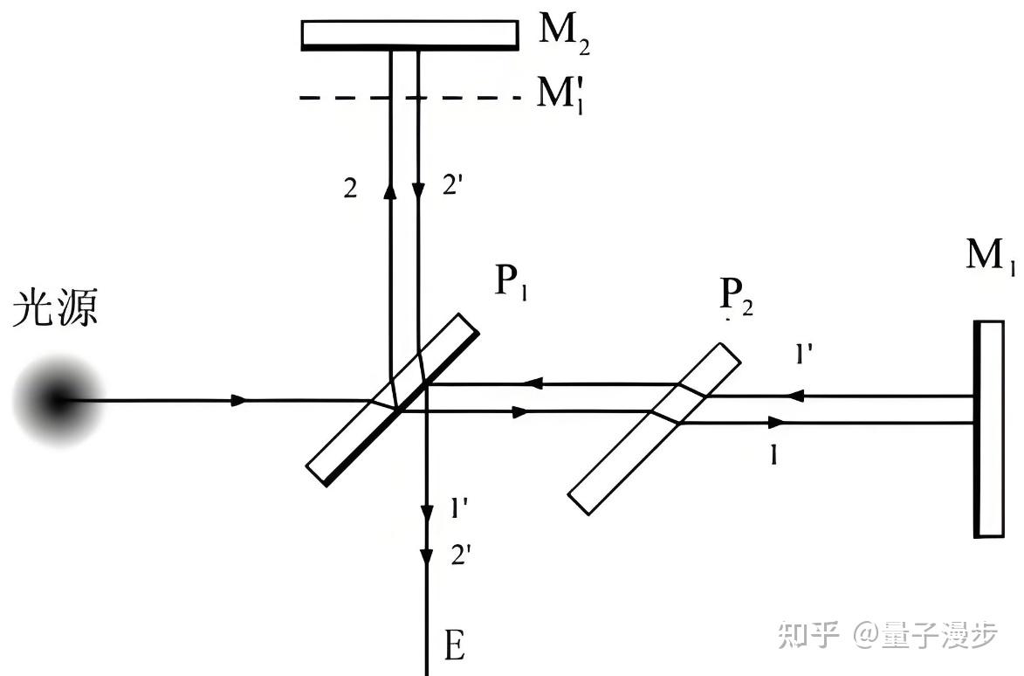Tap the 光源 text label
[54, 311]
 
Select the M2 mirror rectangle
[408, 34]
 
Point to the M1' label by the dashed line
[560, 91]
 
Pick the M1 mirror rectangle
[990, 429]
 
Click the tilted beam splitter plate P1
[393, 400]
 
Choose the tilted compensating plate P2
[654, 428]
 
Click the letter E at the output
[454, 647]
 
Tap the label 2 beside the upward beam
[350, 190]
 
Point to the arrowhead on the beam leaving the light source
[238, 400]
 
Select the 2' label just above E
[461, 556]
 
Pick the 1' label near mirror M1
[805, 354]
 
